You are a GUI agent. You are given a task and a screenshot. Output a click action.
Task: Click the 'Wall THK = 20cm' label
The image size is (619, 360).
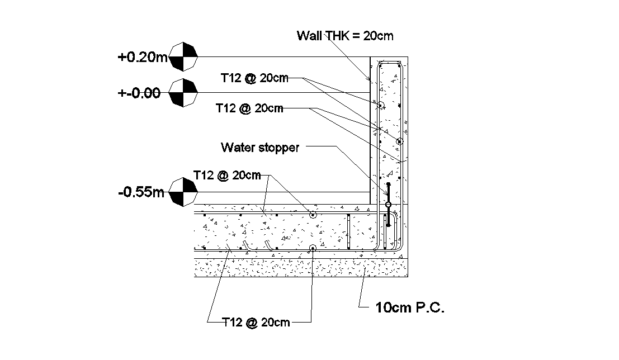point(345,36)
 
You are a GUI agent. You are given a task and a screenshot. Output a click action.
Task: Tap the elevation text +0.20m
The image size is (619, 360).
point(142,57)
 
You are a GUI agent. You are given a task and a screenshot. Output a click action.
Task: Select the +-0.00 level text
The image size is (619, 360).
point(139,93)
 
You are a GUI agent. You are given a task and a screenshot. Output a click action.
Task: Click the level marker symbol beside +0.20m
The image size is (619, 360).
point(183,56)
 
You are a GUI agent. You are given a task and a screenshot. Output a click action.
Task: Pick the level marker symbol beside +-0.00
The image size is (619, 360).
point(183,92)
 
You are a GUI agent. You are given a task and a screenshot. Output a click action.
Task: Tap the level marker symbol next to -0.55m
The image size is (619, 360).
point(183,192)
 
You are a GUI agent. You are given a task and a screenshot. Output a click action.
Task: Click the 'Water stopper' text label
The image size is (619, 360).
point(260,148)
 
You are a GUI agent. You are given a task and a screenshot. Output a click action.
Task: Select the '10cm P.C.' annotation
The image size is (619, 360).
point(410,307)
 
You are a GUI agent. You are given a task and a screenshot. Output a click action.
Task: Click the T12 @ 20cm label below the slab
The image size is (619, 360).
point(256,322)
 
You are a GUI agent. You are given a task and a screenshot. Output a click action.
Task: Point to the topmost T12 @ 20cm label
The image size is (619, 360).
point(254,78)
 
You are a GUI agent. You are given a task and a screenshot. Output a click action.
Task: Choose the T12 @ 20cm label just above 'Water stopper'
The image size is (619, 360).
point(249,108)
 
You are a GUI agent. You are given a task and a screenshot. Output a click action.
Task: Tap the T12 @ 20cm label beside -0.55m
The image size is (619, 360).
point(226,175)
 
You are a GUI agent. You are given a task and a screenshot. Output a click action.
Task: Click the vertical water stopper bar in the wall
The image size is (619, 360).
point(389,204)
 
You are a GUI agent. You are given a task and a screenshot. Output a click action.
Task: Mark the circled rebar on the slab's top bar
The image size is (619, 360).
point(313,215)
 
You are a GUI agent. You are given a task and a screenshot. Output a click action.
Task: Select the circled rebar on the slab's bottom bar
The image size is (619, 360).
point(313,248)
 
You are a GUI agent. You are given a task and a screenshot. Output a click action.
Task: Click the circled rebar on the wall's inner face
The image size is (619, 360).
point(380,105)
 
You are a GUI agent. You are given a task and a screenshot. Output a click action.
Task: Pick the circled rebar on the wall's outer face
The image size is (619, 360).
point(400,141)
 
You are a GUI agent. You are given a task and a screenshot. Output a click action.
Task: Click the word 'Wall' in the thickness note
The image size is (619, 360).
point(308,36)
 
